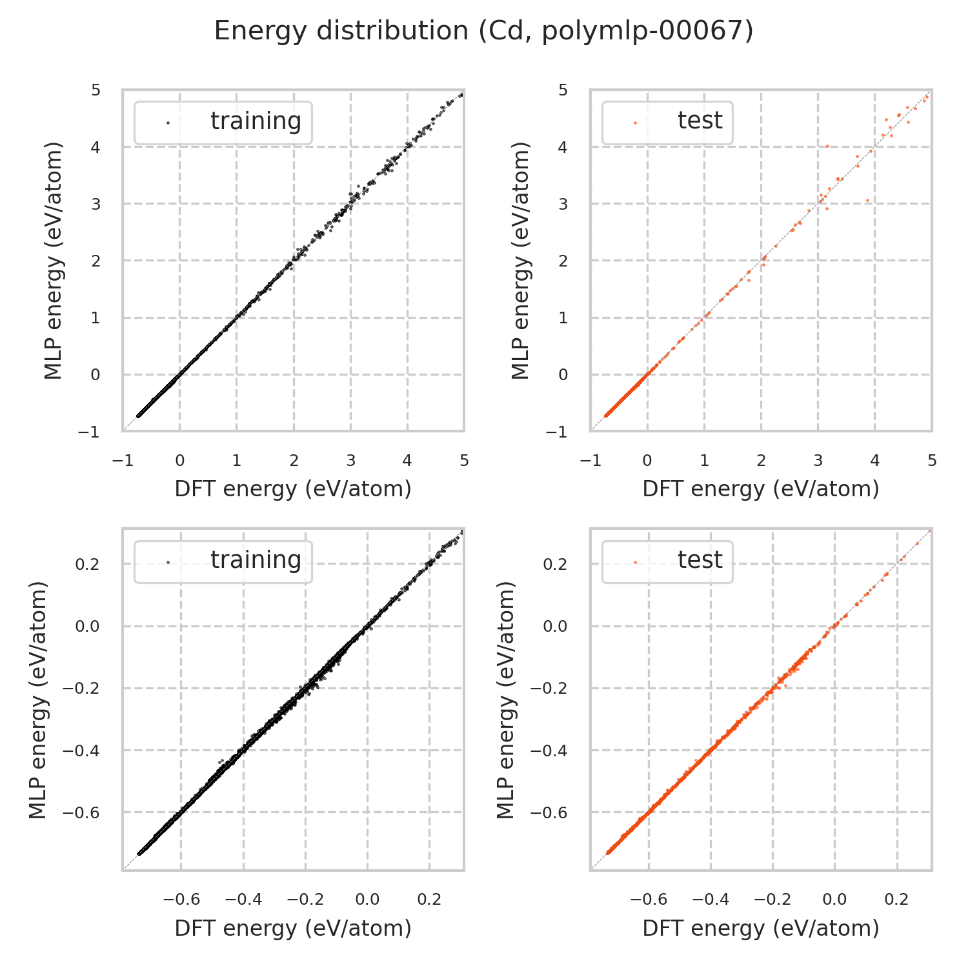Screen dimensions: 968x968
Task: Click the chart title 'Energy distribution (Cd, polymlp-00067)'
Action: point(483,31)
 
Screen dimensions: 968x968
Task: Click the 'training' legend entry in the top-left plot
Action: point(256,121)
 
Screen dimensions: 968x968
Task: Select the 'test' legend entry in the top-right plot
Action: point(700,121)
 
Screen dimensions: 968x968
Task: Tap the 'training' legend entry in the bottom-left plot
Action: point(256,560)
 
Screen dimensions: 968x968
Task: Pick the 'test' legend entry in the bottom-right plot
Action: point(700,560)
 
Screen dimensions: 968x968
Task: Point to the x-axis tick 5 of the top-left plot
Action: point(464,461)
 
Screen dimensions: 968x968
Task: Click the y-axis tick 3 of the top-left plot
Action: point(96,204)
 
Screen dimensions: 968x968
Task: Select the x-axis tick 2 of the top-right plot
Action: point(761,461)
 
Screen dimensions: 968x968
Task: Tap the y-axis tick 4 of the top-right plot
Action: point(563,147)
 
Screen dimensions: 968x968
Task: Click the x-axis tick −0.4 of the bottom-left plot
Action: point(243,900)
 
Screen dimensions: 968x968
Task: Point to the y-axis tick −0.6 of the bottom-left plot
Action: point(81,812)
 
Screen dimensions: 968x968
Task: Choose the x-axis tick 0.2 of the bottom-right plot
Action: point(897,900)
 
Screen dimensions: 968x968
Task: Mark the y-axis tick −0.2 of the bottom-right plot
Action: point(549,689)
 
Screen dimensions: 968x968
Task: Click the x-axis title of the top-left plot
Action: point(293,489)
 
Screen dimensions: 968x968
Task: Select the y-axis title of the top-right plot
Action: point(520,260)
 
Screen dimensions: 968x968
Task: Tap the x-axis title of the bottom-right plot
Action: point(761,928)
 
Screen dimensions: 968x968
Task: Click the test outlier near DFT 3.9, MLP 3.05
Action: point(867,200)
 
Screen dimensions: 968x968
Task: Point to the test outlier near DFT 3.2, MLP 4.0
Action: point(827,146)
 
